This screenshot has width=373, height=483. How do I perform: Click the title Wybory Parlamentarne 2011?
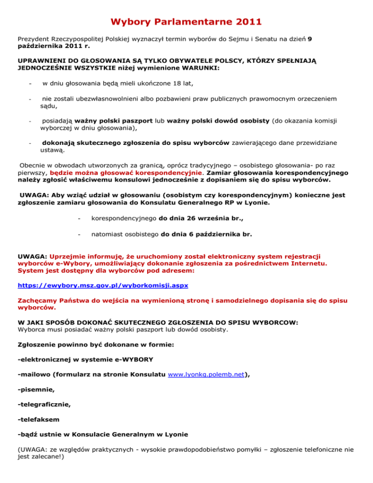(x=186, y=22)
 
